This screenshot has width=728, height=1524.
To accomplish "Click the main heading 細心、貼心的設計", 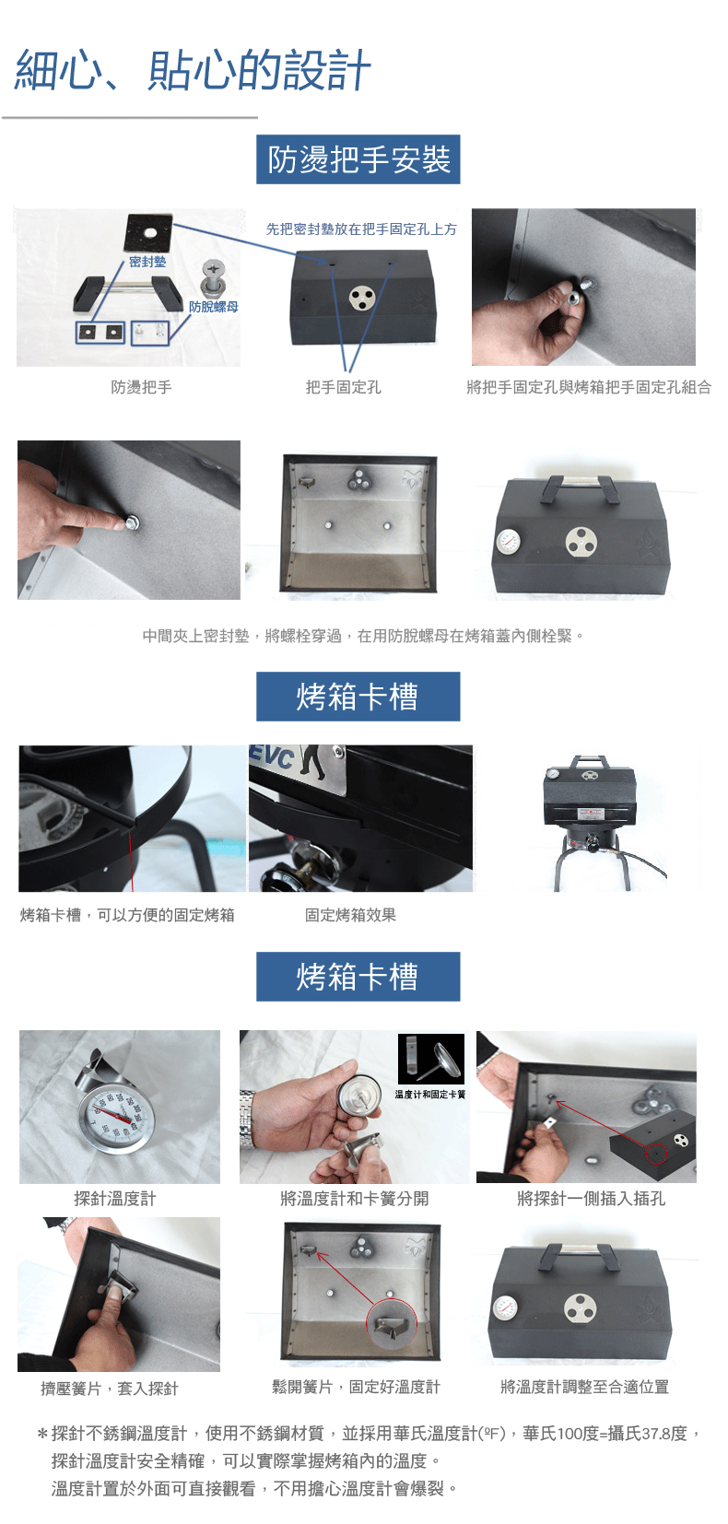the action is click(x=193, y=70).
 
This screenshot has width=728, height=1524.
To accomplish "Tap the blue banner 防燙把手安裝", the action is click(x=358, y=159).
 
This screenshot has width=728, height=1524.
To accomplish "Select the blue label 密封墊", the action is click(x=147, y=262).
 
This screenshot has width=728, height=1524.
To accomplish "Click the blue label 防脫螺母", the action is click(x=214, y=307).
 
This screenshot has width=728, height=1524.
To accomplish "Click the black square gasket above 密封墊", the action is click(x=148, y=232).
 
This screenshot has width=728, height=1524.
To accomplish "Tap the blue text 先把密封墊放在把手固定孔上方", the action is click(x=361, y=229).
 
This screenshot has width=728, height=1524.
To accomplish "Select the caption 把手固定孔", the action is click(x=343, y=387).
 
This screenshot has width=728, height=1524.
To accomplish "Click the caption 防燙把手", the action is click(x=142, y=387).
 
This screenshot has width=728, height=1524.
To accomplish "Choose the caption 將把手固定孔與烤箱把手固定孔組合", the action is click(x=589, y=387).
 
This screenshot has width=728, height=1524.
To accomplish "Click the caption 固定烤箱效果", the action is click(x=350, y=915).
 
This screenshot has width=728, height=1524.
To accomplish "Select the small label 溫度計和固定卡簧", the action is click(x=430, y=1094).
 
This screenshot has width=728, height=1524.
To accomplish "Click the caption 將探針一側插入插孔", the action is click(x=591, y=1198).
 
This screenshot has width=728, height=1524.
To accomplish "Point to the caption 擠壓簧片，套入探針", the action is click(x=110, y=1388).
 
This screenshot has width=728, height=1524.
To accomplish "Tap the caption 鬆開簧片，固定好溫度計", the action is click(x=356, y=1387).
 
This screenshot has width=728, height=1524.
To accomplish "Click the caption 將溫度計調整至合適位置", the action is click(x=584, y=1387).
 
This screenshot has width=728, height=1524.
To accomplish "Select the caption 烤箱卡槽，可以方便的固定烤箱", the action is click(x=127, y=915).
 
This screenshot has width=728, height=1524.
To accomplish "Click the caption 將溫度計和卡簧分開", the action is click(x=355, y=1198).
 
